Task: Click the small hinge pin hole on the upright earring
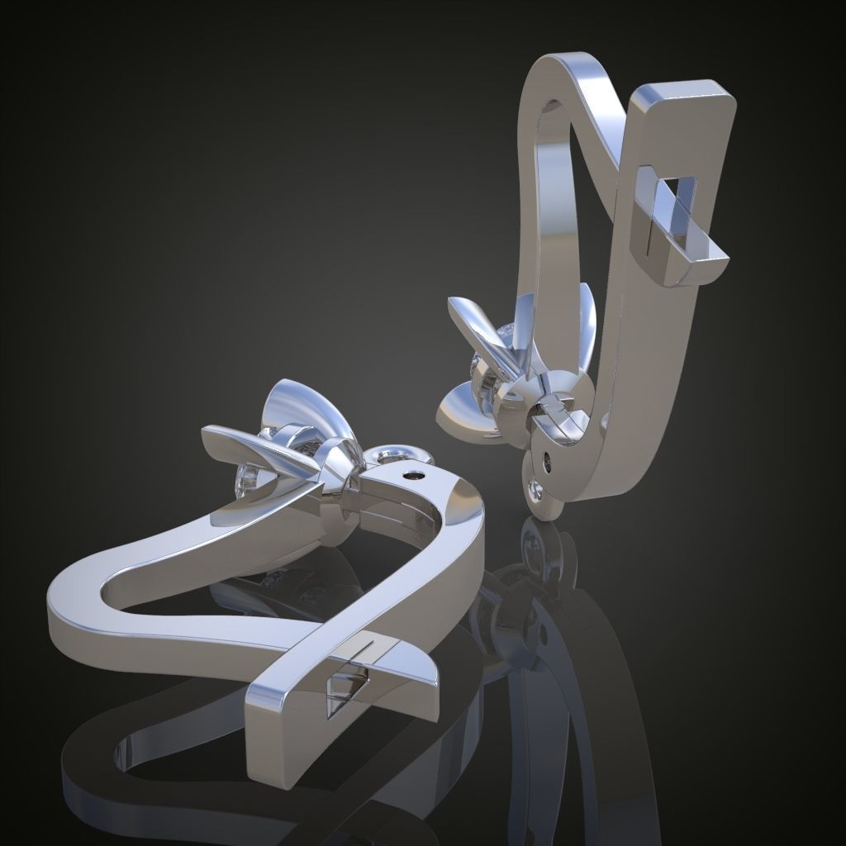tap(547, 457)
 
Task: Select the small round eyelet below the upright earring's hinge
tap(538, 491)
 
